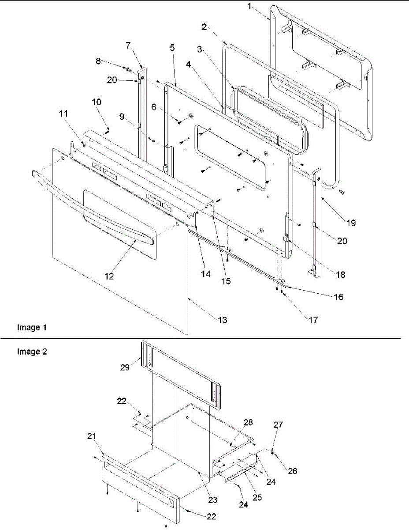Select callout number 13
[x=223, y=320]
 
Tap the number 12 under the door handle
[x=109, y=276]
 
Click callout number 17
[x=312, y=320]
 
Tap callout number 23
[x=213, y=500]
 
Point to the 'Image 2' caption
[x=32, y=352]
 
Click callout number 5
[x=172, y=47]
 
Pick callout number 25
[x=257, y=497]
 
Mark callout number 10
[x=96, y=102]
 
